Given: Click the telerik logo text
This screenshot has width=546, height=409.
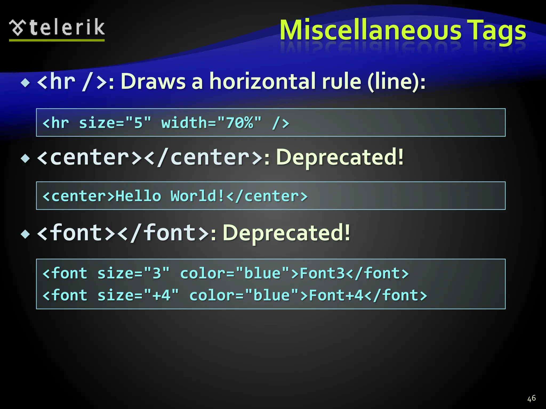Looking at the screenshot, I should [x=67, y=28].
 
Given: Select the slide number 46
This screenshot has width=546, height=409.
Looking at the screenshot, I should [x=531, y=398].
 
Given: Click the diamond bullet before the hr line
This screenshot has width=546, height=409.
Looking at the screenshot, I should [x=26, y=83].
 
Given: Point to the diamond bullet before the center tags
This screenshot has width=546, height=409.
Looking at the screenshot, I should [x=26, y=159].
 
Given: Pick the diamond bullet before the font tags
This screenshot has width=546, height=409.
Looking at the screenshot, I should [x=26, y=234].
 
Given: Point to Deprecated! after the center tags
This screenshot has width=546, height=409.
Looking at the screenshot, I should [x=340, y=157].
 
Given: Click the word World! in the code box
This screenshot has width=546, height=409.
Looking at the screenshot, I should [x=198, y=196].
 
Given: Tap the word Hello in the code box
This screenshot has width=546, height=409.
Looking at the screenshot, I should [x=138, y=196].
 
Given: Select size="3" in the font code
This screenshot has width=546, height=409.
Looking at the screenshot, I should [x=133, y=273].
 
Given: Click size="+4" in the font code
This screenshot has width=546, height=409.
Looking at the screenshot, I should [x=138, y=295].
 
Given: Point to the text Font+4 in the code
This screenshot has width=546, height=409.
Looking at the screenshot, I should [x=336, y=295].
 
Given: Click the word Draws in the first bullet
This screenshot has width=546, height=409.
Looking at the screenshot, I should [x=153, y=81].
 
